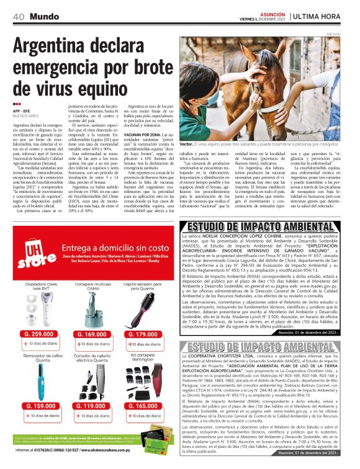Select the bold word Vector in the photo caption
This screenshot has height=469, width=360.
pos(186,143)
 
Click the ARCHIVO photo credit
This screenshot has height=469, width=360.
pos(349,34)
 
